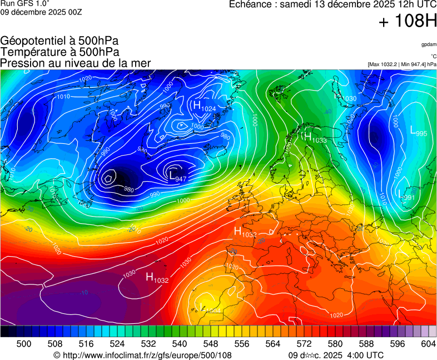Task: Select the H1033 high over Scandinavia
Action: (315, 137)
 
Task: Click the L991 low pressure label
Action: (406, 194)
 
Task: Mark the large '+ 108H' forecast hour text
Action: (407, 22)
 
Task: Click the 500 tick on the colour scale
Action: (24, 344)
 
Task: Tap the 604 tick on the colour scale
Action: (428, 344)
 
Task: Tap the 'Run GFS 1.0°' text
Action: (24, 4)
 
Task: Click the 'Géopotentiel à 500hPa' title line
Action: (59, 41)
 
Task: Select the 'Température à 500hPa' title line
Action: (59, 52)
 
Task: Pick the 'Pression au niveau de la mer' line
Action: (76, 63)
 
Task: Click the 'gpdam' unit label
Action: (428, 44)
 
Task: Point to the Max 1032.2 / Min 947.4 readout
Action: (401, 64)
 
